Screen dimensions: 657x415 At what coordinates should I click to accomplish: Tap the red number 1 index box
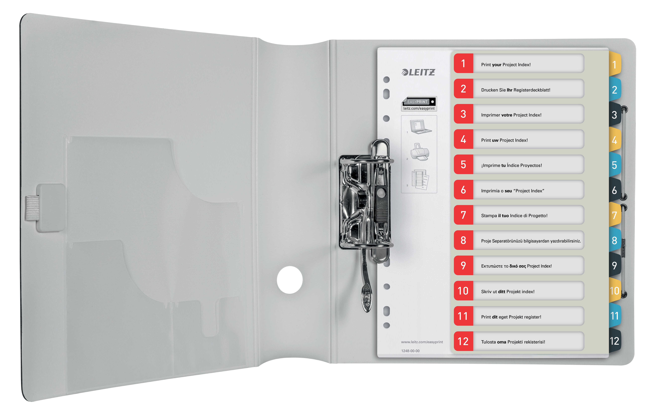coord(463,63)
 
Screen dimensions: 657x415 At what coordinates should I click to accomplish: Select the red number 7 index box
coord(463,215)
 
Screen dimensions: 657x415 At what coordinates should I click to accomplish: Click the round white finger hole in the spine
coord(290,280)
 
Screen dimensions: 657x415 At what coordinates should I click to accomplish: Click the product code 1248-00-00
coord(410,351)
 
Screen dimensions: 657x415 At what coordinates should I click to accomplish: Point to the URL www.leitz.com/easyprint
coord(422,342)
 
